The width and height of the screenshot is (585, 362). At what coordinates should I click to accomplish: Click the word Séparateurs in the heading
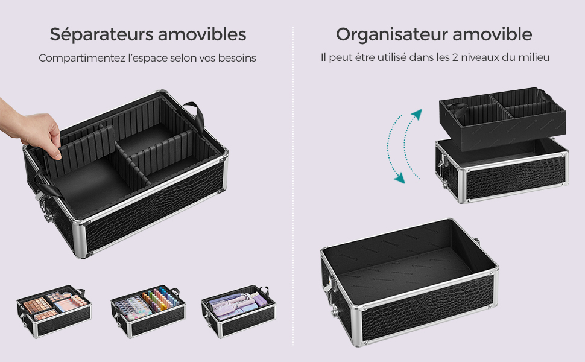pos(101,34)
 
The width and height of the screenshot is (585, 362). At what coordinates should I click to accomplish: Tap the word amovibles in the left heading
pos(202,34)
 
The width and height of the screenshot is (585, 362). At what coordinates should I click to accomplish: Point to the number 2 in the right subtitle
pos(455,57)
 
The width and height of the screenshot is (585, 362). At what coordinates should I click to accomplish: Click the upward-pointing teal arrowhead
pos(417,114)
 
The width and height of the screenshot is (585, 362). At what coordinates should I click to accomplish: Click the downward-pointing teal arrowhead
pos(399,178)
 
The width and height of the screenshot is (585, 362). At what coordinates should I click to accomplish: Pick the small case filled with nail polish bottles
pos(148,311)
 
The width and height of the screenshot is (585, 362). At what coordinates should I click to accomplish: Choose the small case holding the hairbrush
pos(239,311)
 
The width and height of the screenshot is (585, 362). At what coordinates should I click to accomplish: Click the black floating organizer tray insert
pos(502,119)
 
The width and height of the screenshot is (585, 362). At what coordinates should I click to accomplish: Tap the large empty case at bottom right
pos(409,282)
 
